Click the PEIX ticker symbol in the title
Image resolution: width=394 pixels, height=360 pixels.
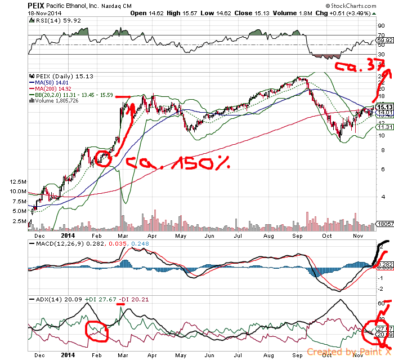(x=36, y=5)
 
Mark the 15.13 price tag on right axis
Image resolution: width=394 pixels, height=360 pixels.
(x=384, y=106)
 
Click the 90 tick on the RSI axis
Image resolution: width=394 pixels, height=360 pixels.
(x=381, y=26)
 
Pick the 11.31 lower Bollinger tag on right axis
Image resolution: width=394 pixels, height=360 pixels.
(x=384, y=127)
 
